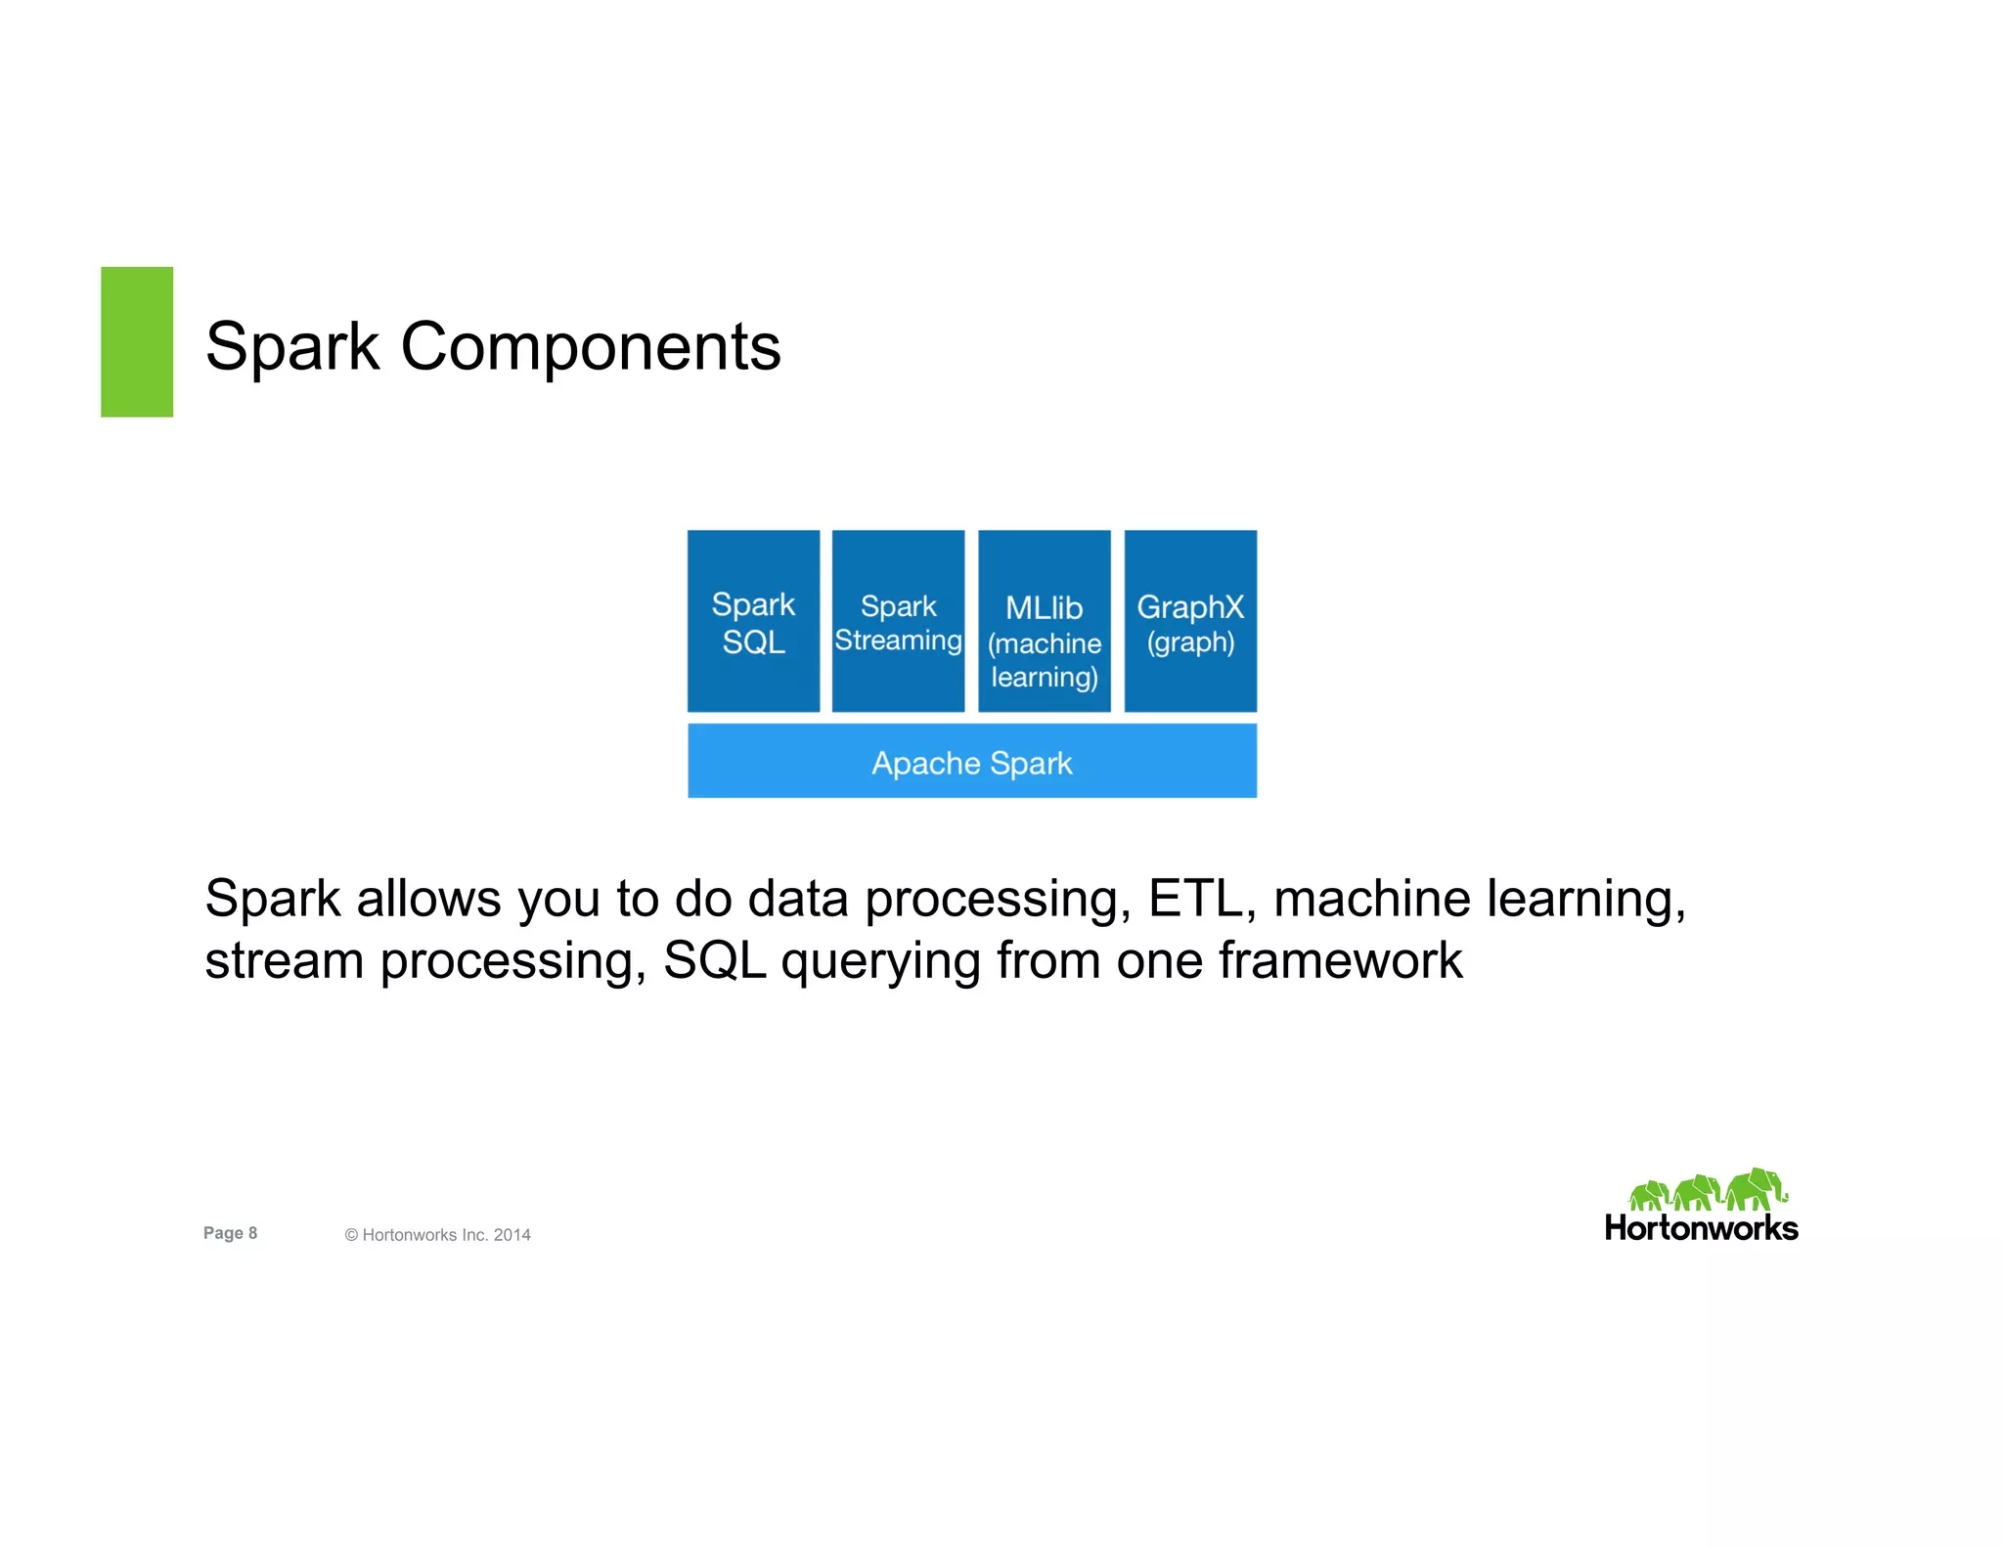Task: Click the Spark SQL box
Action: tap(753, 621)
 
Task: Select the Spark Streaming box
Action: tap(898, 621)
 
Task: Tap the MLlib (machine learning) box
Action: tap(1044, 621)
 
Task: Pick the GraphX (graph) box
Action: tap(1190, 621)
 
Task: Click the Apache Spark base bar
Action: tap(971, 761)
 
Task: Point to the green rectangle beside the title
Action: tap(137, 341)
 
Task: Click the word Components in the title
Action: tap(591, 346)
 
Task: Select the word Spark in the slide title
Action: tap(291, 348)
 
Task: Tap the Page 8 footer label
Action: tap(230, 1233)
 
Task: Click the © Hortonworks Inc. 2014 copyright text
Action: tap(437, 1235)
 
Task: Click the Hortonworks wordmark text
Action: tap(1701, 1228)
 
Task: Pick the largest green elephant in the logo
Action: tap(1757, 1189)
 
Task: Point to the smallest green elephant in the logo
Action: tap(1649, 1196)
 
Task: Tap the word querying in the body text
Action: tap(880, 962)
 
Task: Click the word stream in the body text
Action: tap(284, 960)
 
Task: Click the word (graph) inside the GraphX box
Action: tap(1190, 643)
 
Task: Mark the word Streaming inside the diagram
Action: tap(898, 641)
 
